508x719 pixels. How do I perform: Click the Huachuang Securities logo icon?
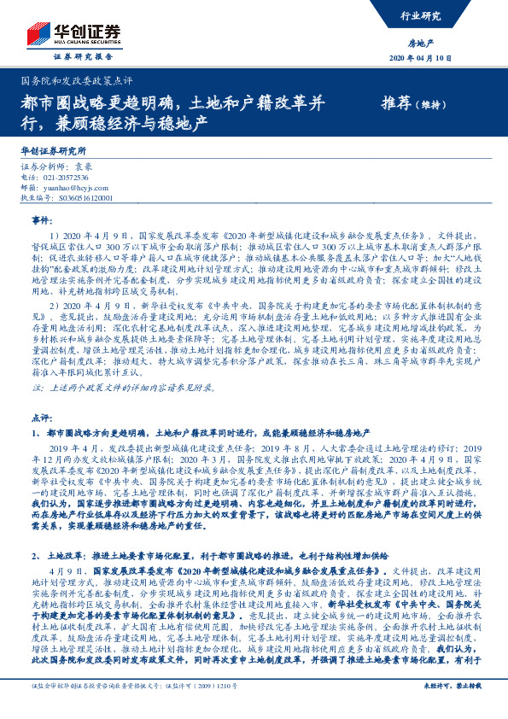[x=36, y=34]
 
